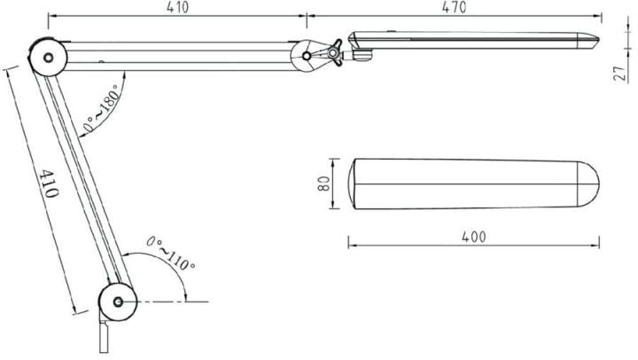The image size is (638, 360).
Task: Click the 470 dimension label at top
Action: click(x=454, y=7)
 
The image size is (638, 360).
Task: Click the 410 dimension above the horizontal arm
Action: click(x=177, y=7)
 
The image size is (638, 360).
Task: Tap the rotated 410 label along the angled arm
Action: click(x=49, y=184)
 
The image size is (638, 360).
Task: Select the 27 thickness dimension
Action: click(x=621, y=74)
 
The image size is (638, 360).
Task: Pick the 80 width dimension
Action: click(x=323, y=184)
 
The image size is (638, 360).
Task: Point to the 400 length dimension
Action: click(x=473, y=237)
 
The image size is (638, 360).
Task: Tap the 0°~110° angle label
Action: click(x=170, y=254)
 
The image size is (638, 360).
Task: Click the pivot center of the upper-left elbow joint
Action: click(x=48, y=58)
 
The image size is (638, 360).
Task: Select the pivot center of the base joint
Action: click(x=118, y=301)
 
